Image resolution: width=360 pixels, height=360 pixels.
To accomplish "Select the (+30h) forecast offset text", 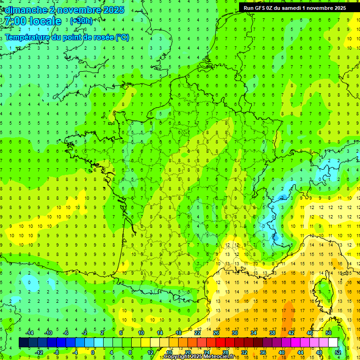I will tap(81, 21).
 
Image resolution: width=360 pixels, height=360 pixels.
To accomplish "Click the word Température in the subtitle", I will tap(29, 37).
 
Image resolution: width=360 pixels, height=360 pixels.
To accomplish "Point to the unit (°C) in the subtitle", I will tap(122, 37).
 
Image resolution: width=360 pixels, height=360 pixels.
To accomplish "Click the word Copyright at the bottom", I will tap(180, 357).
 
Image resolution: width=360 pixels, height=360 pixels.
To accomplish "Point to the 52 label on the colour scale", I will tap(337, 352).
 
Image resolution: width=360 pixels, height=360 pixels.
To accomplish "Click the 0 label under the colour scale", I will tap(93, 352).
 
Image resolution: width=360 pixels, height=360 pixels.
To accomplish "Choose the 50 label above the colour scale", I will tap(328, 333).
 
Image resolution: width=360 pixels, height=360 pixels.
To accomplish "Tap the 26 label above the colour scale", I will tap(216, 333).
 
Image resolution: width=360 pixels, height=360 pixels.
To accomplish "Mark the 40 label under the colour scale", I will tap(281, 352).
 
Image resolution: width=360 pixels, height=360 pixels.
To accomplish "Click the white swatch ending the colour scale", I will tap(333, 343).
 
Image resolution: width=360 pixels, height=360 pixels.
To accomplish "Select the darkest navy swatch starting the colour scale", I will tap(23, 343).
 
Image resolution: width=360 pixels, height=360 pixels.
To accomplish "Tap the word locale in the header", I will tap(45, 21).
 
